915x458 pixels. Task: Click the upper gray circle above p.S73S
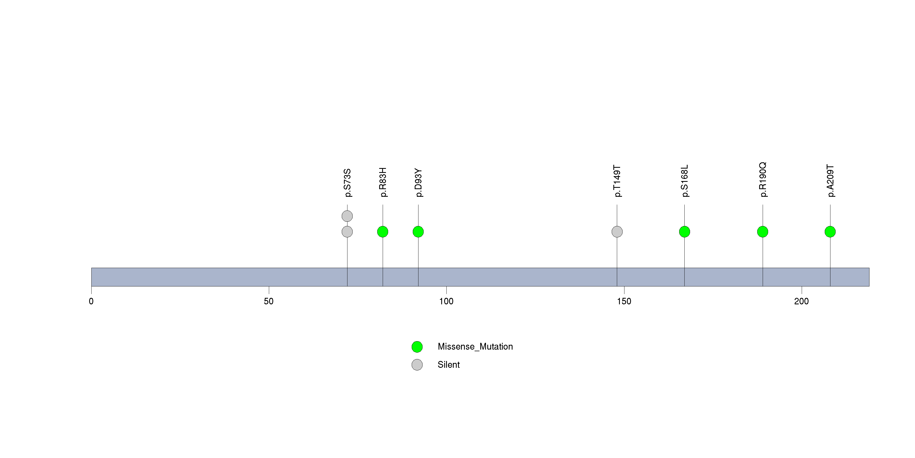tap(347, 216)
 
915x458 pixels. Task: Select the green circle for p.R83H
tap(382, 231)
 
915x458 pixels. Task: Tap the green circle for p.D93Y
tap(418, 231)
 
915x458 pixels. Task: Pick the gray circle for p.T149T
tap(617, 231)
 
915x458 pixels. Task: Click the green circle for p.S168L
tap(684, 231)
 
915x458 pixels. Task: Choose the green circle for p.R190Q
tap(763, 231)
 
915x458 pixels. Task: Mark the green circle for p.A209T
tap(830, 231)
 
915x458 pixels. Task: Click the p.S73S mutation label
tap(347, 183)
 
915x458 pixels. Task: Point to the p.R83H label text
tap(383, 182)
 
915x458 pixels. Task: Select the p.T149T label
tap(617, 181)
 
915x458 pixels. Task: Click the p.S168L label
tap(685, 181)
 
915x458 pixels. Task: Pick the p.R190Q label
tap(763, 180)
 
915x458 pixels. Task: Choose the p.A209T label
tap(830, 181)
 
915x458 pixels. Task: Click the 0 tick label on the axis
tap(91, 301)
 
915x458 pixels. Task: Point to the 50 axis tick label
tap(269, 301)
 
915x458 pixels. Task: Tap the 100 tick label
tap(446, 301)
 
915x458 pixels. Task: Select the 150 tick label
tap(624, 301)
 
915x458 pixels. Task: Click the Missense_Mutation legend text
tap(475, 347)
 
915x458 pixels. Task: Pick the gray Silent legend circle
tap(417, 365)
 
